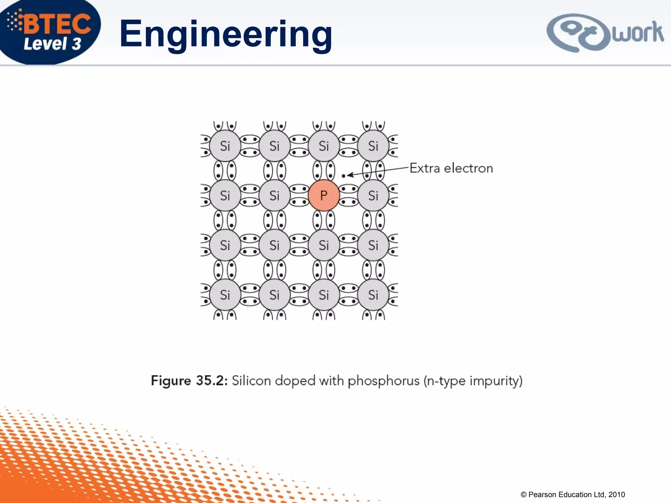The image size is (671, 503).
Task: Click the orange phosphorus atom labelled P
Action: pos(324,195)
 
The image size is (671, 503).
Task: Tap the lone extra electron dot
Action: pos(343,176)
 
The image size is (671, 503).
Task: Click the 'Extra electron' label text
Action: pos(451,168)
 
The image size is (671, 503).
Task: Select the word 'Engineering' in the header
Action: pos(226,34)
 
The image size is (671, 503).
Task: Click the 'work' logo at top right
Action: pos(605,33)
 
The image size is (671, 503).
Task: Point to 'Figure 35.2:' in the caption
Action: pos(189,381)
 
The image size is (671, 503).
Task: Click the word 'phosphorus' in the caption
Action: pos(383,381)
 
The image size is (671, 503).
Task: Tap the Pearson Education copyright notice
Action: pos(573,494)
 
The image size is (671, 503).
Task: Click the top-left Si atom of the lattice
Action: pos(225,146)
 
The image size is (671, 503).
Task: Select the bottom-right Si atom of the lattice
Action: pos(373,295)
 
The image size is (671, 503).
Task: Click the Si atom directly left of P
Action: pos(274,196)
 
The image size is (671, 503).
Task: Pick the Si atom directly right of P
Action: pos(373,196)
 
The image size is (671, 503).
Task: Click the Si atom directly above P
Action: pos(324,146)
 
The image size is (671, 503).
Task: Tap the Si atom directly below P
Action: pos(324,245)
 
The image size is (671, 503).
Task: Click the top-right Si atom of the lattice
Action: pos(373,146)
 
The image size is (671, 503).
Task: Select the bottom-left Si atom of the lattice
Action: pos(225,295)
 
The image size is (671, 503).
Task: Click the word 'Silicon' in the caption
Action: pos(251,381)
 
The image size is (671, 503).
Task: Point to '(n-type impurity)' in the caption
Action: pos(473,381)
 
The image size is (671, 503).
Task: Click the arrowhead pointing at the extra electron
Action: pos(350,175)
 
